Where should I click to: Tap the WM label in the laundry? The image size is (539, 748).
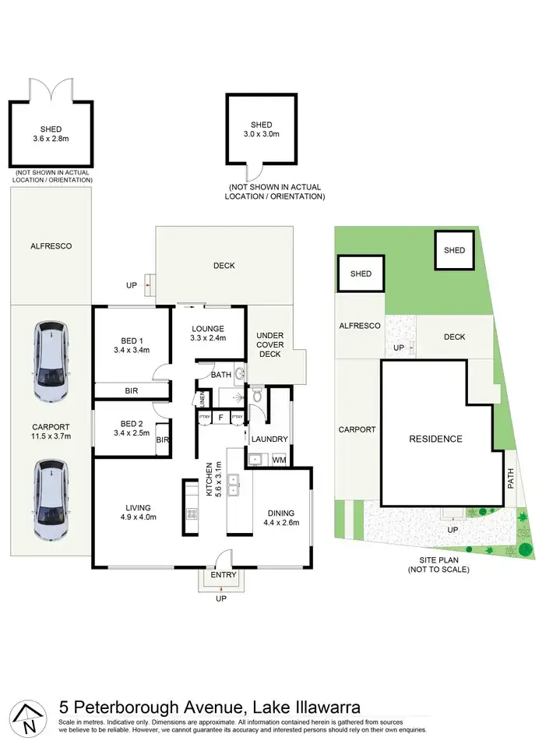pyautogui.click(x=278, y=460)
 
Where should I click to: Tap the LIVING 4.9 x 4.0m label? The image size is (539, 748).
pyautogui.click(x=138, y=512)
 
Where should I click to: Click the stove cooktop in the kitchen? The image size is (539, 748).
pyautogui.click(x=191, y=514)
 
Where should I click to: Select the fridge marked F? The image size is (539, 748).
pyautogui.click(x=220, y=418)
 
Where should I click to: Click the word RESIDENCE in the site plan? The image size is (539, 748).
pyautogui.click(x=435, y=439)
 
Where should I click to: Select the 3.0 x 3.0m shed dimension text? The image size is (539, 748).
pyautogui.click(x=261, y=135)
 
